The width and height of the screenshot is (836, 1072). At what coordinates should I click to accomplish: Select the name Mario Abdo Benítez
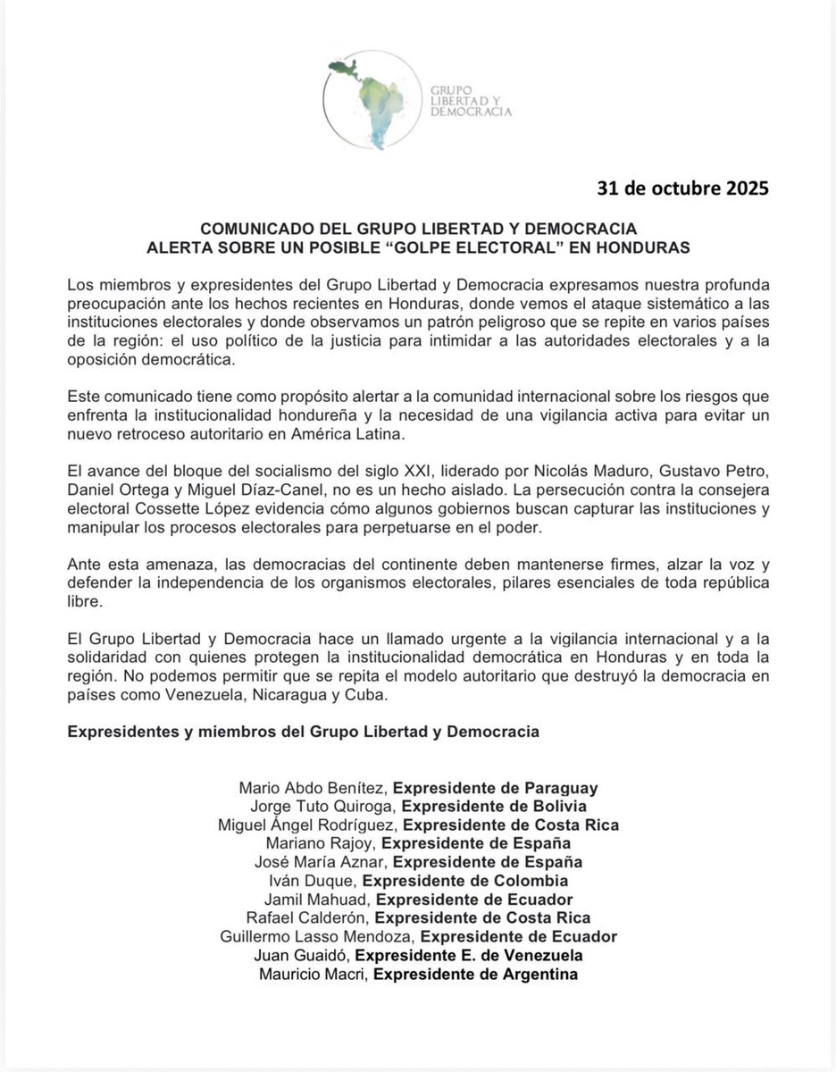[313, 788]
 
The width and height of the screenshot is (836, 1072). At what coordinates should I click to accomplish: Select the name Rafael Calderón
[306, 917]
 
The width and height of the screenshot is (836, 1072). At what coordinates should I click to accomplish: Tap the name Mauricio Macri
[313, 974]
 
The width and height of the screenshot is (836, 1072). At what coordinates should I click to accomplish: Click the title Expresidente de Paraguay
[496, 788]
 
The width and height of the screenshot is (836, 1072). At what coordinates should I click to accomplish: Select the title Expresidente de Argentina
[476, 974]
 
